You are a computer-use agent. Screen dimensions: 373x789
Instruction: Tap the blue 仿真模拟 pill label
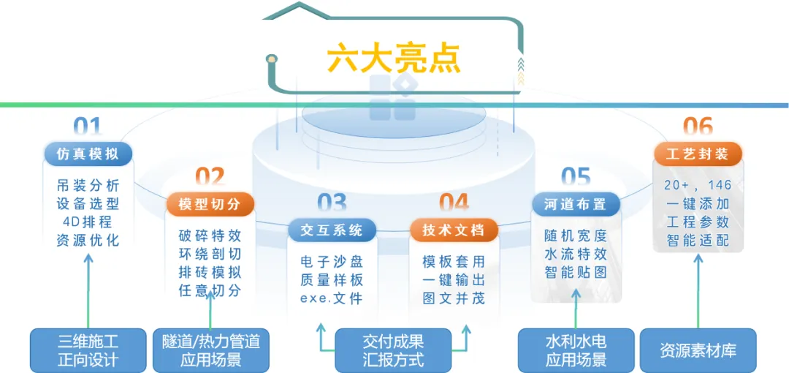coord(88,154)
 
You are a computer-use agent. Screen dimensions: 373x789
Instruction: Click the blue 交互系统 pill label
coord(332,230)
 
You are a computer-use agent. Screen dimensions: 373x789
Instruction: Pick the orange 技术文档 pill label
coord(454,230)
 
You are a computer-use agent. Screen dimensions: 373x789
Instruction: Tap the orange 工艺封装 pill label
coord(698,154)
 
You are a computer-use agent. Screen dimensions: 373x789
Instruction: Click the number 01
coord(88,128)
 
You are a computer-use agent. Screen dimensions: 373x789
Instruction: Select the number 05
coord(576,178)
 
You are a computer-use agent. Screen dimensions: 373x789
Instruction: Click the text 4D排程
coord(88,222)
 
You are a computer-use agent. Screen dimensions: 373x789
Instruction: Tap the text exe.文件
coord(332,298)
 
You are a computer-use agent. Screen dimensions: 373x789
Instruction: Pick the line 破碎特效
coord(210,236)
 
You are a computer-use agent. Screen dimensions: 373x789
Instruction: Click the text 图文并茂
coord(454,298)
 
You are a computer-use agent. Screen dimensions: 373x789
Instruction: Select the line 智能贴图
coord(576,273)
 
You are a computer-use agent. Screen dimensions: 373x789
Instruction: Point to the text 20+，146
coord(698,185)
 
